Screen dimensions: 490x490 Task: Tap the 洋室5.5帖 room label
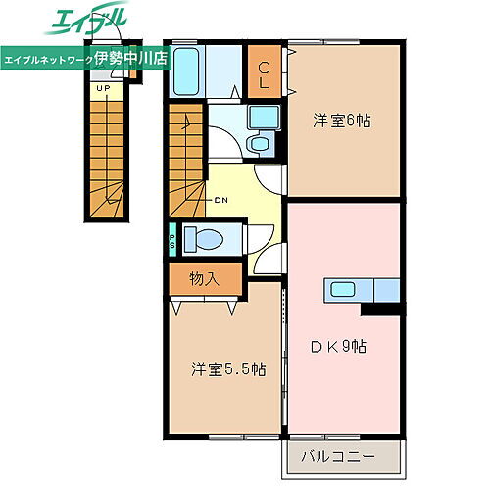(x=227, y=369)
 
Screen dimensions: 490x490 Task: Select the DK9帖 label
(x=339, y=346)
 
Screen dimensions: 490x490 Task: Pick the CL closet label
(x=265, y=74)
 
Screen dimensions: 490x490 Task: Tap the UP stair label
(x=102, y=88)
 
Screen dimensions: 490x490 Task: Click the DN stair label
(x=221, y=203)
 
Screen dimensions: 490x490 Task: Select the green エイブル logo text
(x=85, y=23)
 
